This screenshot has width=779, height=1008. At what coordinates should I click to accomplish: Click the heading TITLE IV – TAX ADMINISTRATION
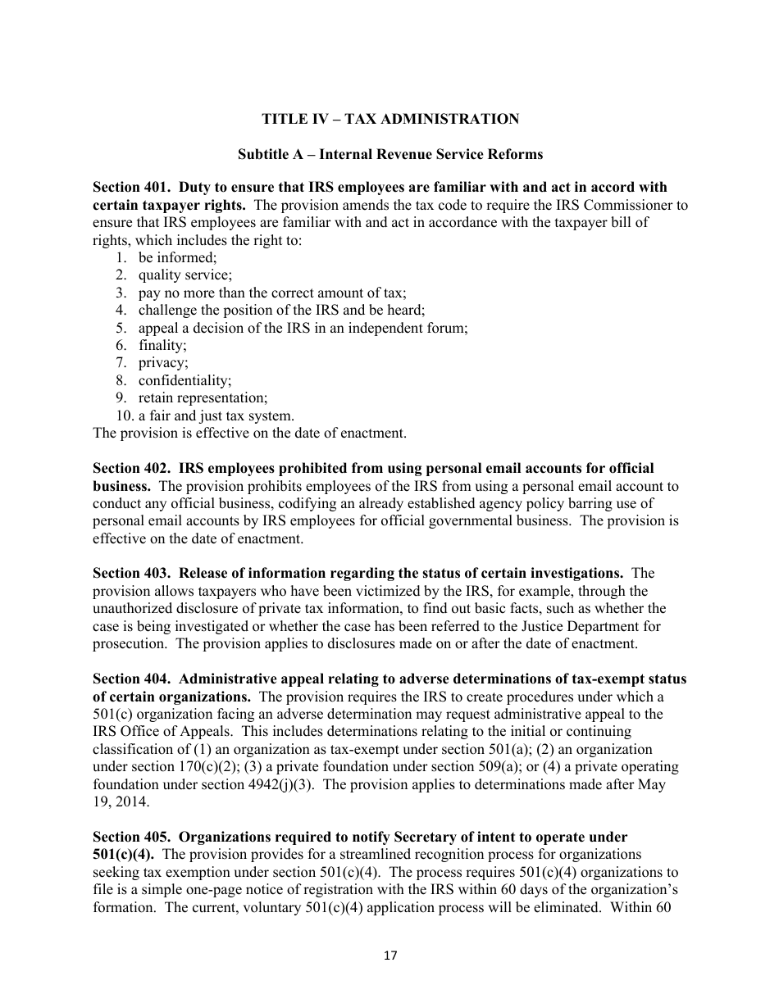coord(389,119)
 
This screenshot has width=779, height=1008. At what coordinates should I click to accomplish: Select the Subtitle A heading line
coord(389,154)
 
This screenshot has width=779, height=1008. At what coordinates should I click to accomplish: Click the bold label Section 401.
coord(131,187)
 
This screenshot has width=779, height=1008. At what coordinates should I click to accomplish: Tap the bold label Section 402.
coord(131,468)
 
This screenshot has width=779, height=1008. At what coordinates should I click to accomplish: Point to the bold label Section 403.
coord(131,573)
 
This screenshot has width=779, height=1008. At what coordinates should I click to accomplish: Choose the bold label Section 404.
coord(131,679)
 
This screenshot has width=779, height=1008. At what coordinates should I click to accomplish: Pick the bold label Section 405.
coord(131,837)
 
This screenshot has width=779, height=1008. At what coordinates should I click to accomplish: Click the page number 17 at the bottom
coord(389,956)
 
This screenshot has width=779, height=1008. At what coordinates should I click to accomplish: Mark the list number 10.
coord(123,415)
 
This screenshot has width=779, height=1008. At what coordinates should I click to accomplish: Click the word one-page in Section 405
coord(244,890)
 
